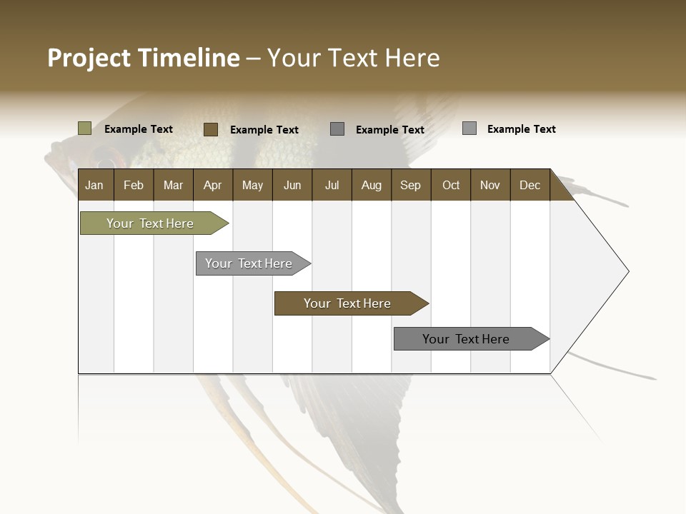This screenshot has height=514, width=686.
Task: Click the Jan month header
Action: point(95,185)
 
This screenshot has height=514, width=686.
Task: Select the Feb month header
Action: point(134,185)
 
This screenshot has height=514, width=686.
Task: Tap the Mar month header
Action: point(173,185)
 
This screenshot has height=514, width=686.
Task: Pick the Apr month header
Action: point(213,185)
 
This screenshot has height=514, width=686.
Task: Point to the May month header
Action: point(252,185)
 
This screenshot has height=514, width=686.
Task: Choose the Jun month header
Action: point(292,185)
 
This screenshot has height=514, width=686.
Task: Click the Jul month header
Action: point(332,185)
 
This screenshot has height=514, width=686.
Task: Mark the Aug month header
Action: point(372,185)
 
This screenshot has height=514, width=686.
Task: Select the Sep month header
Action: point(411,185)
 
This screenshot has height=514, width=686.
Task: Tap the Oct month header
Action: point(451,185)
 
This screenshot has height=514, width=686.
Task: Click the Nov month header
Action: point(490,185)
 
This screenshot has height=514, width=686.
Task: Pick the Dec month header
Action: point(530,185)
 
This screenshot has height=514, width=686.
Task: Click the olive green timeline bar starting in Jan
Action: point(151,223)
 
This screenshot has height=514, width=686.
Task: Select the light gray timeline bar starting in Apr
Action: point(249,263)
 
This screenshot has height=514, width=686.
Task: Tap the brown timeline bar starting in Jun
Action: point(348,303)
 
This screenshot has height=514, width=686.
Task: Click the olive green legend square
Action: point(85,128)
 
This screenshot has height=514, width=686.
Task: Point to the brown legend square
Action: point(211,129)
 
